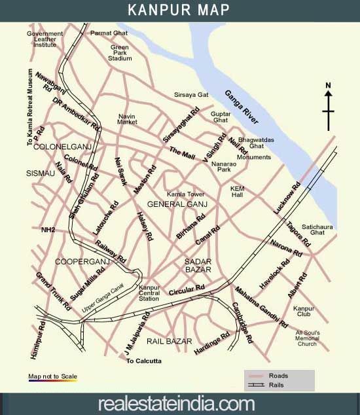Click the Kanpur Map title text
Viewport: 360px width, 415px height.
coord(179,10)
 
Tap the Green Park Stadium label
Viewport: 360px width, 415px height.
coord(120,53)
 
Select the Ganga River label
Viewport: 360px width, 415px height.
coord(242,106)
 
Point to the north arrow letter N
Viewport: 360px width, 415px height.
coord(329,85)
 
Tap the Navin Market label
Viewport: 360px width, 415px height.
coord(127,119)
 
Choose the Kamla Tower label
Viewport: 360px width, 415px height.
coord(186,194)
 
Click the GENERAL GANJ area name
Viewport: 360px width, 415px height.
coord(177,205)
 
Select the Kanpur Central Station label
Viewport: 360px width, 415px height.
coord(149,293)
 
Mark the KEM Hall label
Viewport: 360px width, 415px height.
coord(237,191)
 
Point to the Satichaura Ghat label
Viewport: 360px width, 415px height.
coord(313,228)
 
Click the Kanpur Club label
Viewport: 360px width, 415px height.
coord(304,312)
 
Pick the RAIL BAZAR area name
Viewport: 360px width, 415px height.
coord(169,342)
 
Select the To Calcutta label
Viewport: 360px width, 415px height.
coord(143,361)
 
